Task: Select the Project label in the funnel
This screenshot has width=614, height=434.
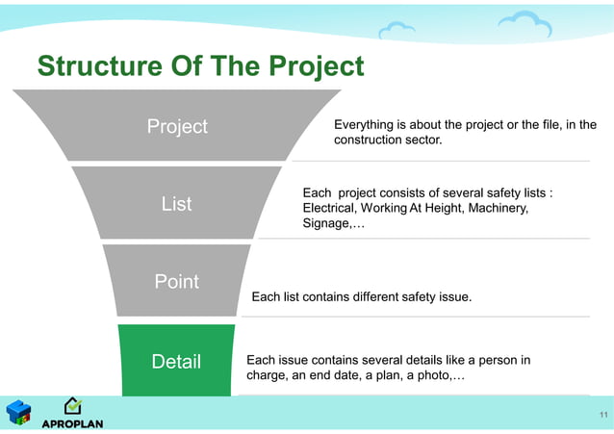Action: [176, 127]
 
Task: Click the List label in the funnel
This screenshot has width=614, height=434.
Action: [176, 204]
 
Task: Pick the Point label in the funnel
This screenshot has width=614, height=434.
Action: [176, 282]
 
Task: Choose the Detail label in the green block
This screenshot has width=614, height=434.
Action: [176, 362]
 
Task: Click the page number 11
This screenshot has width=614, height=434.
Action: [602, 415]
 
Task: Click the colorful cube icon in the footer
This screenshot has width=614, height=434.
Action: [18, 413]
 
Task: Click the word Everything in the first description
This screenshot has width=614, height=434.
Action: [363, 125]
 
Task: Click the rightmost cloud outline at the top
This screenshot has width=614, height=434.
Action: [525, 23]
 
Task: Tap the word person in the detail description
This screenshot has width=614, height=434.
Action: [498, 361]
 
